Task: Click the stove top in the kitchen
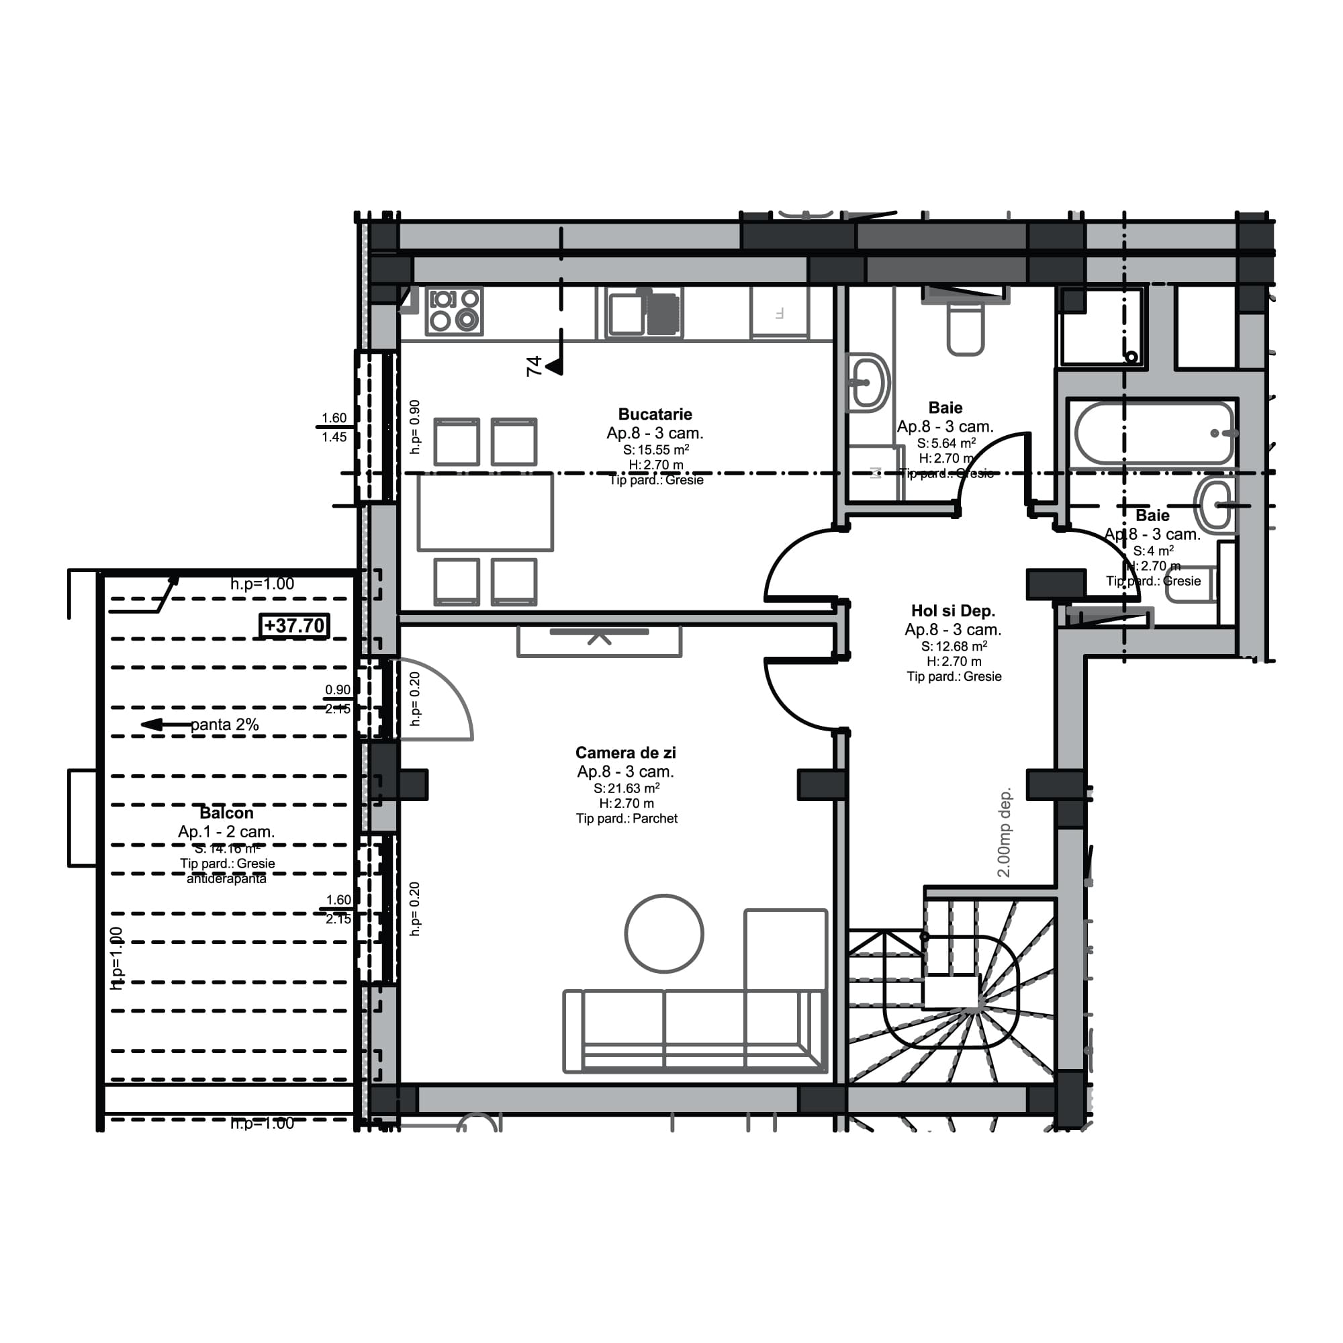455,311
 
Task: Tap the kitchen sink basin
626,314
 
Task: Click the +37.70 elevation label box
294,626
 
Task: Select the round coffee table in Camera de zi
664,933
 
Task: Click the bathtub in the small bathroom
1152,433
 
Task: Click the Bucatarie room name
655,414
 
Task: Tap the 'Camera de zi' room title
626,752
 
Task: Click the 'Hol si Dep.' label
953,610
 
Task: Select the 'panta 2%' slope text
224,725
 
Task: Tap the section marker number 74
534,366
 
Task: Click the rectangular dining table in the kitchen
485,512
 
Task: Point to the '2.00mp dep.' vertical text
1004,832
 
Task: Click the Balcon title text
226,813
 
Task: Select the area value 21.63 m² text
627,788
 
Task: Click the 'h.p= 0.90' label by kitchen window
415,427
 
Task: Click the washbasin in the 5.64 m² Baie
868,381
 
